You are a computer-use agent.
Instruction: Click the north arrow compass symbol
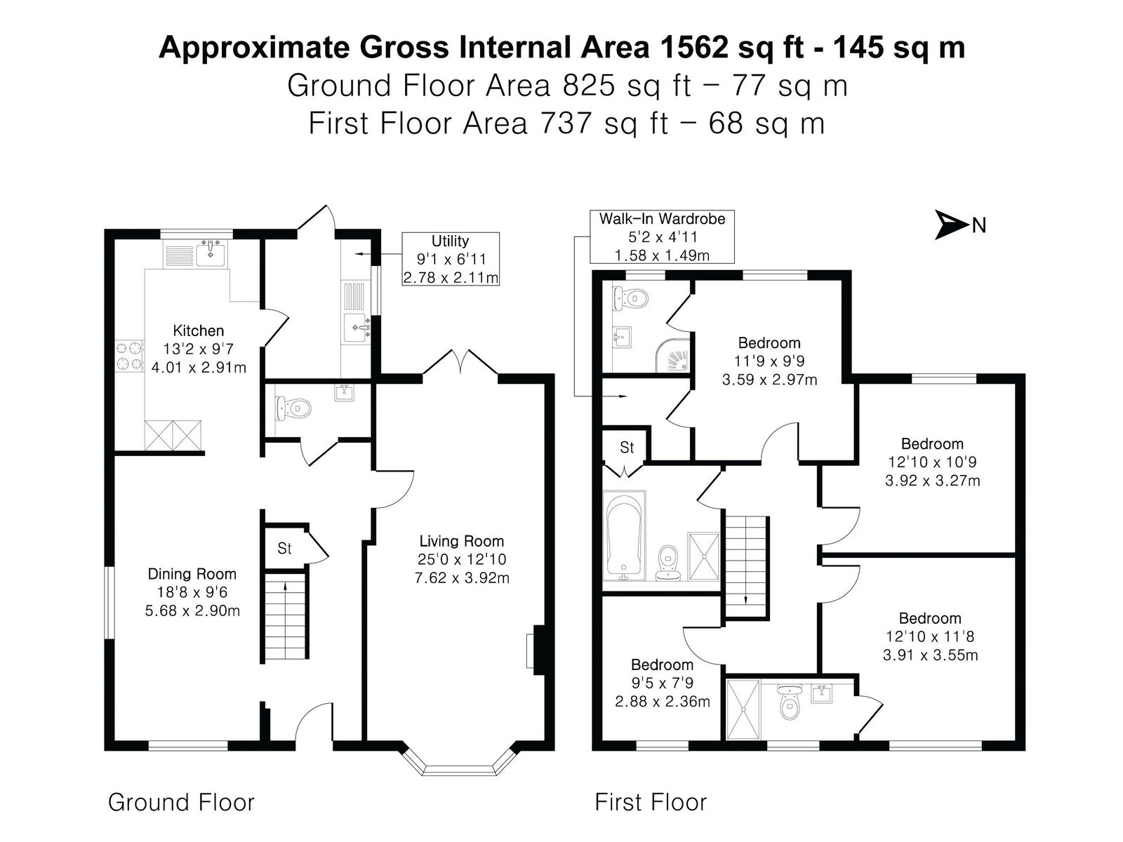[x=950, y=225]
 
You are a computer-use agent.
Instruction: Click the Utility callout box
[x=450, y=259]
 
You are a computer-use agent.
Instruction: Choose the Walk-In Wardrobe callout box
[x=662, y=236]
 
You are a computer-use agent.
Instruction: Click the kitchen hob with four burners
[x=129, y=356]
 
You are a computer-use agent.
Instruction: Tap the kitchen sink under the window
[x=211, y=253]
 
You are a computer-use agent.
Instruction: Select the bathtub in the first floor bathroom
[x=624, y=535]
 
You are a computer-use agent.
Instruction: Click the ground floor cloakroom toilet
[x=293, y=408]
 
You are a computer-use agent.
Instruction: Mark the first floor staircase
[x=745, y=566]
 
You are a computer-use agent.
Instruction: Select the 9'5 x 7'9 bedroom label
[x=662, y=683]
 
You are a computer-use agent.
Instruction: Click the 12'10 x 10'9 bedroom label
[x=932, y=462]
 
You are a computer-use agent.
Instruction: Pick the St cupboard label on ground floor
[x=284, y=549]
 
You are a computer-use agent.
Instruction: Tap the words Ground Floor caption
[x=181, y=803]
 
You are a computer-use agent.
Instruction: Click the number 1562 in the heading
[x=694, y=48]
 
